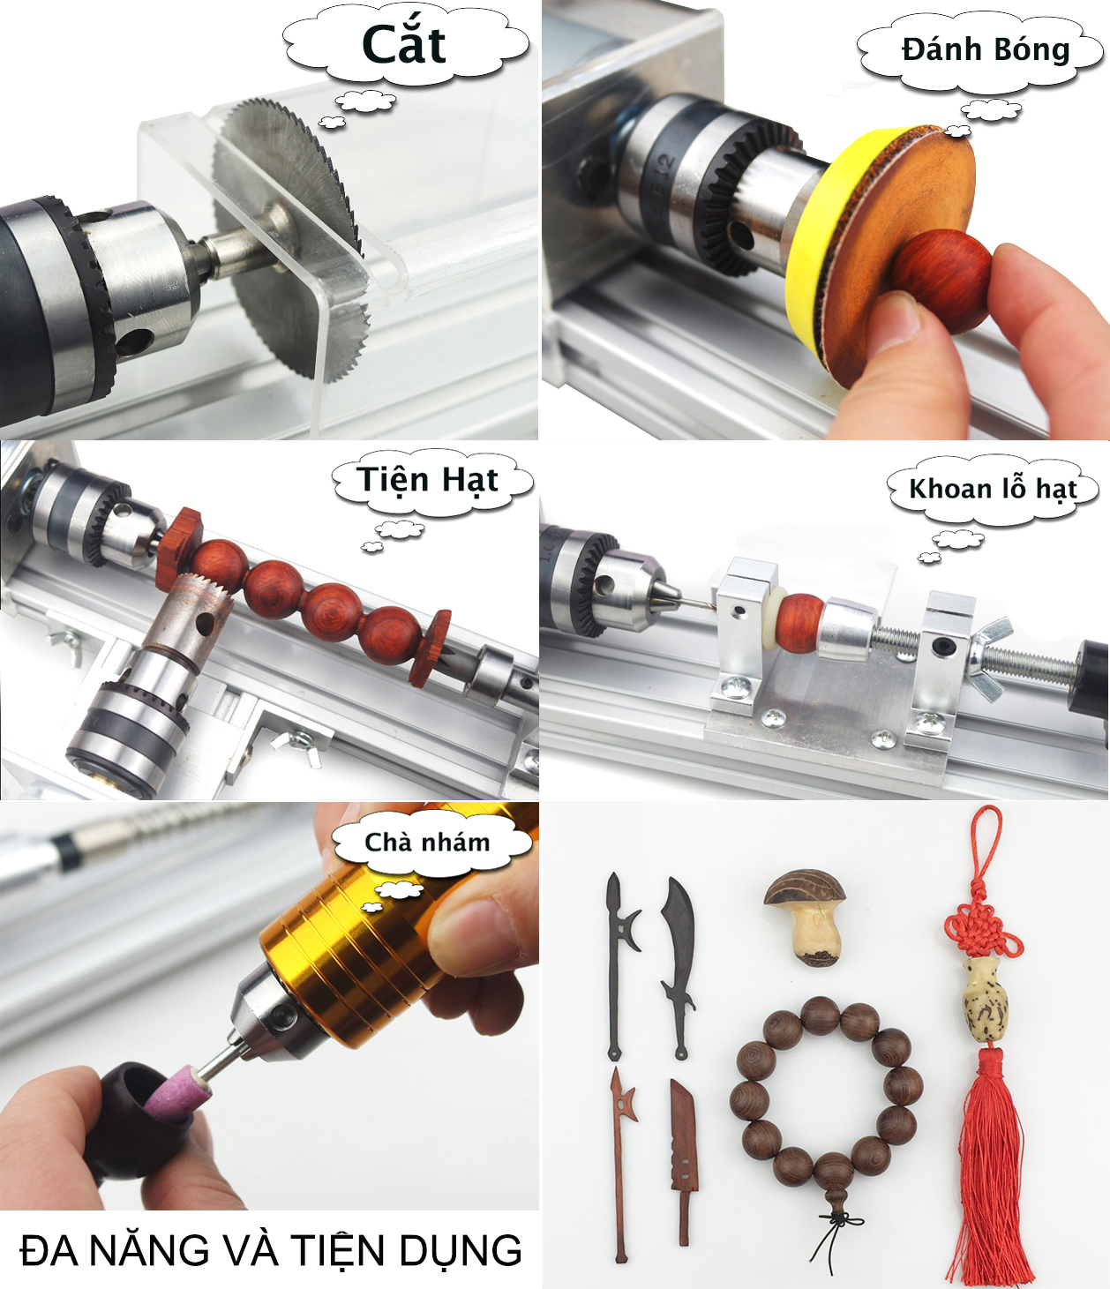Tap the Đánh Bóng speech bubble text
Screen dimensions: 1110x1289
pyautogui.click(x=986, y=50)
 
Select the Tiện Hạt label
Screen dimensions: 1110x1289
pyautogui.click(x=427, y=480)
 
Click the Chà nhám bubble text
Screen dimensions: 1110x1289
pyautogui.click(x=427, y=842)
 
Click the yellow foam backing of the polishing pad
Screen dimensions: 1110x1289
pyautogui.click(x=811, y=237)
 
